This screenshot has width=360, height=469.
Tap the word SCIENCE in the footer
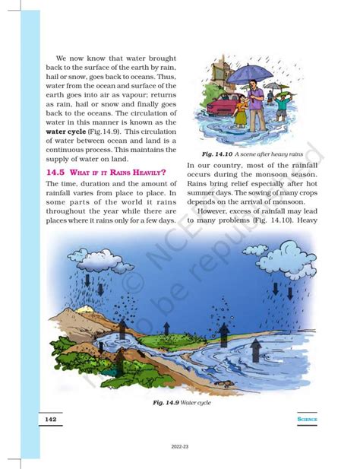tap(307, 419)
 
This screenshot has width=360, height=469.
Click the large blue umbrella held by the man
tap(244, 72)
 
